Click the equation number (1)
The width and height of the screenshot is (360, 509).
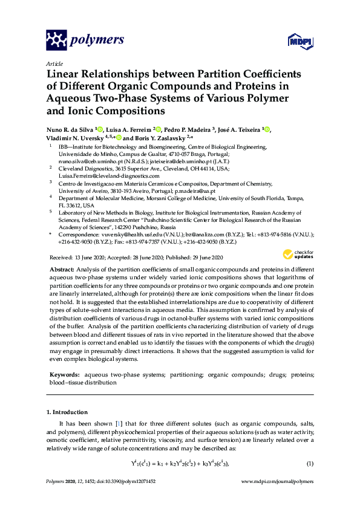click(x=309, y=464)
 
